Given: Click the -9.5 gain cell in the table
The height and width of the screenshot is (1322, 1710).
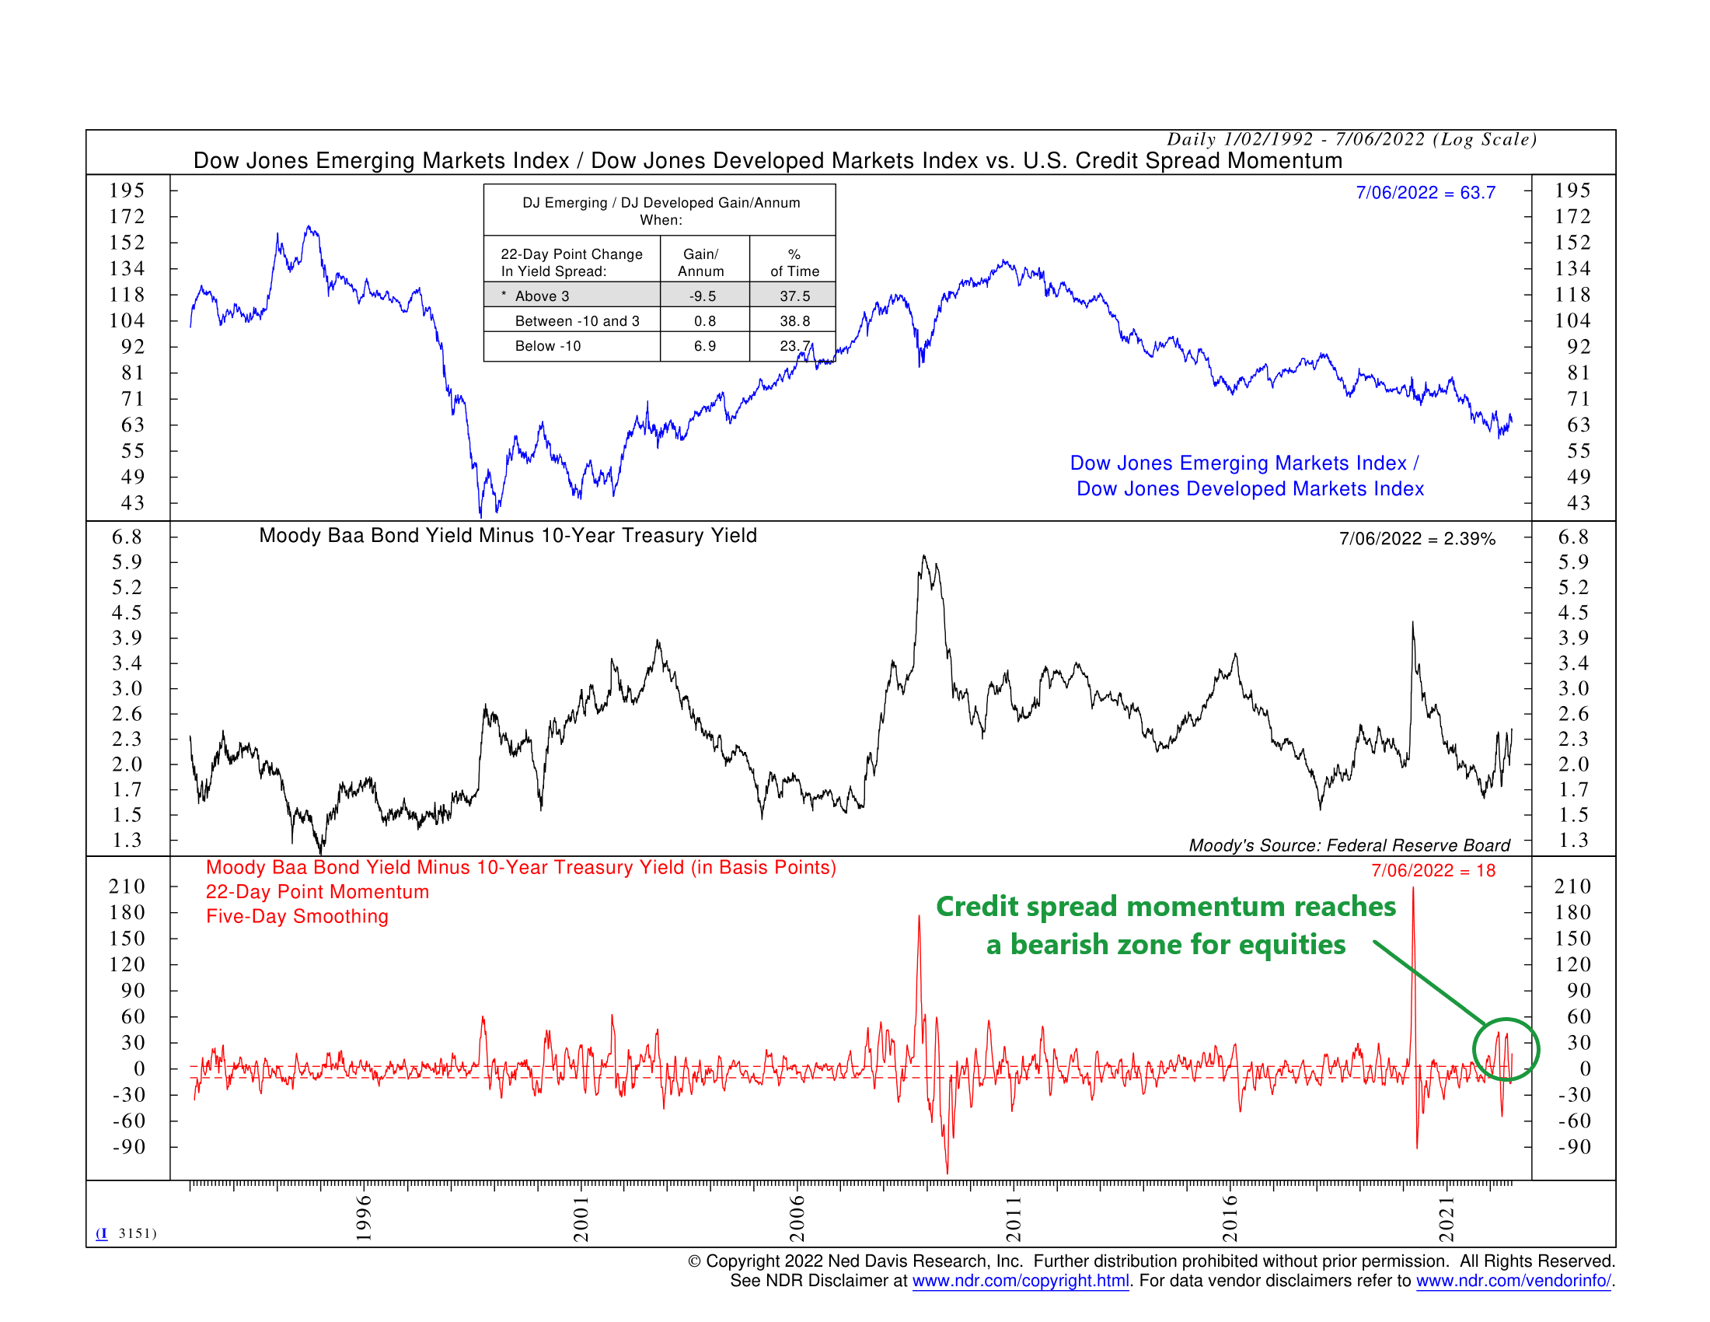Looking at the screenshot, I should pos(703,296).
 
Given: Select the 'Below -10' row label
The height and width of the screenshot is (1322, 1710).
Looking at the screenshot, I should pos(547,346).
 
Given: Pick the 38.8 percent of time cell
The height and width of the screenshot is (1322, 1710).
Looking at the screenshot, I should pos(794,321).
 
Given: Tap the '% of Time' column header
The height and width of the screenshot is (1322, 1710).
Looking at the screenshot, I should pos(794,263).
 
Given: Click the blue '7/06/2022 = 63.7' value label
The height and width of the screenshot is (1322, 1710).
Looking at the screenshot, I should pos(1425,193).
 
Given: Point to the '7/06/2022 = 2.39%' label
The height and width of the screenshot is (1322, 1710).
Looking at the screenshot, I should pos(1416,539).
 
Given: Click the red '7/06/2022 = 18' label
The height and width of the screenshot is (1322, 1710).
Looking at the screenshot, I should pos(1432,871).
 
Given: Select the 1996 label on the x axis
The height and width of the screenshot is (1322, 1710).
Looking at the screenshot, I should pos(363,1218).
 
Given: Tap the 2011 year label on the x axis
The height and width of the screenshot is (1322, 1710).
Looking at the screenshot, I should pos(1013,1219).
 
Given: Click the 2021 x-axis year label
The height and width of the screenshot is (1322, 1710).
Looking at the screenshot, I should pos(1447,1219).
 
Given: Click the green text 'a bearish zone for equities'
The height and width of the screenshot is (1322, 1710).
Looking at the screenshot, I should pos(1165,945).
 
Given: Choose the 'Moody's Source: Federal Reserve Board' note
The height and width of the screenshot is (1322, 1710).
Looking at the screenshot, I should pos(1349,845).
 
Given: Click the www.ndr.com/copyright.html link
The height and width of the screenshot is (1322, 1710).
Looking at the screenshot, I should pos(1020,1281).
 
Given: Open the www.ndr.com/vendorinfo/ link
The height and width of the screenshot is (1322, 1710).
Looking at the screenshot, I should pos(1513,1281).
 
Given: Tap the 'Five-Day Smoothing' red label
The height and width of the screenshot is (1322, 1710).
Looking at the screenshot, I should pos(297,916).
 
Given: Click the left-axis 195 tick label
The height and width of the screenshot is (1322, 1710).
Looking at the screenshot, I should pos(127,191).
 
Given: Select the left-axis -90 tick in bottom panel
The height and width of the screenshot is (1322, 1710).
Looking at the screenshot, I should pos(129,1146).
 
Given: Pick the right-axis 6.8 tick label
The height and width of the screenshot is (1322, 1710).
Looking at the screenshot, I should pos(1572,537).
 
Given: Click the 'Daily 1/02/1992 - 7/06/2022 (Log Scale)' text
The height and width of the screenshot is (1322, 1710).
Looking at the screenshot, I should pos(1352,139).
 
